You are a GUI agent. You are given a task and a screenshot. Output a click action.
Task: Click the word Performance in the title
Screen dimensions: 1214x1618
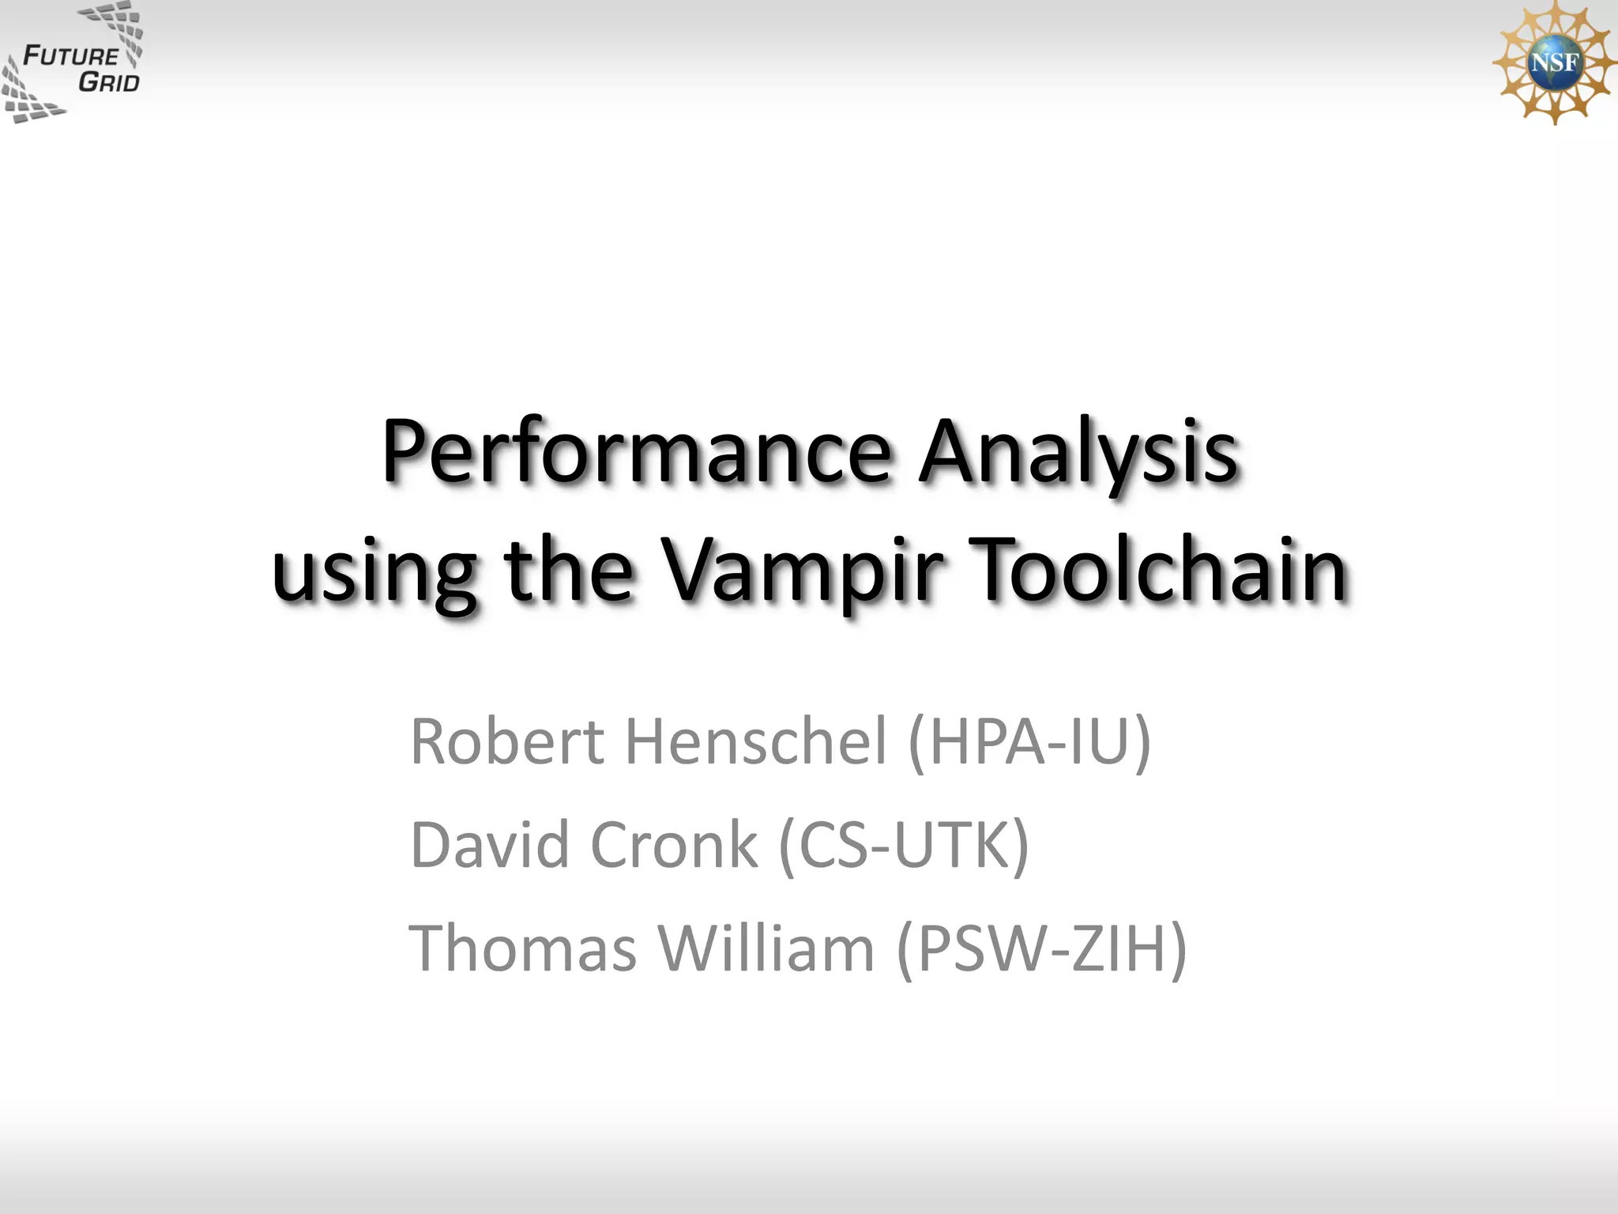pyautogui.click(x=637, y=452)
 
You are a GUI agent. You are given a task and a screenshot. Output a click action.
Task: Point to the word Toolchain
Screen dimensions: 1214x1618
pyautogui.click(x=1158, y=569)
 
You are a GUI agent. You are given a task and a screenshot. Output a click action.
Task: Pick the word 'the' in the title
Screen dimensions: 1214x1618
pyautogui.click(x=568, y=569)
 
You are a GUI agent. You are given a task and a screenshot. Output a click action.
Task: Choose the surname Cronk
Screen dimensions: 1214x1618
pyautogui.click(x=674, y=845)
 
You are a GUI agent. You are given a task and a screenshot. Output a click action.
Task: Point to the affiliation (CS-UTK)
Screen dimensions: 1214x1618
pyautogui.click(x=904, y=845)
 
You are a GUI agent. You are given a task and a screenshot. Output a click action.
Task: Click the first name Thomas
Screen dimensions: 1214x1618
pyautogui.click(x=523, y=948)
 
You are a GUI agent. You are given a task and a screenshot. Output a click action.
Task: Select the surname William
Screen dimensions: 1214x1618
pyautogui.click(x=766, y=948)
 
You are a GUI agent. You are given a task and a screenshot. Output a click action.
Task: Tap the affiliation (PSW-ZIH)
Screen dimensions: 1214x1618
pyautogui.click(x=1042, y=948)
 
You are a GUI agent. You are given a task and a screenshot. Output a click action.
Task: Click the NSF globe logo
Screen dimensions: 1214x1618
pyautogui.click(x=1553, y=62)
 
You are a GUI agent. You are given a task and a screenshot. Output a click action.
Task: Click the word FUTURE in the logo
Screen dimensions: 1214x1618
pyautogui.click(x=70, y=56)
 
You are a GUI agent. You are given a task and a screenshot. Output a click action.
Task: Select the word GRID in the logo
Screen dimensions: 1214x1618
pyautogui.click(x=108, y=82)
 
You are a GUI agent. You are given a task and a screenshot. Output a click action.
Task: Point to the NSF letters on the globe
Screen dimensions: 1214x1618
pyautogui.click(x=1554, y=62)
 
